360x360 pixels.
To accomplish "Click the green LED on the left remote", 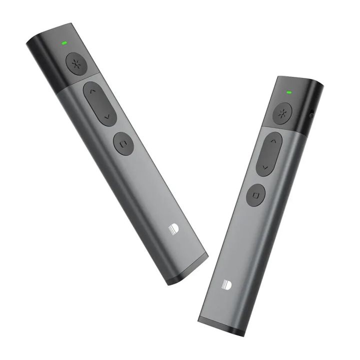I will [x=64, y=43].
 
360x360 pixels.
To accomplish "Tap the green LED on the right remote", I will [x=289, y=92].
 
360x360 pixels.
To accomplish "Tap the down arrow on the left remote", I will [x=107, y=117].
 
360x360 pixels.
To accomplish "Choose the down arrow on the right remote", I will [x=265, y=167].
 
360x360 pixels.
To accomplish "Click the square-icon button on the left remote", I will [x=123, y=144].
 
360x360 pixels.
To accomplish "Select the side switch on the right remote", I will [x=311, y=114].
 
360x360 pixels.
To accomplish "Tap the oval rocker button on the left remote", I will [x=99, y=104].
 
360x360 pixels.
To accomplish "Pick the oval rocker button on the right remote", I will [x=268, y=154].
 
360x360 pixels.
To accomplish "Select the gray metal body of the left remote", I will [x=145, y=190].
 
